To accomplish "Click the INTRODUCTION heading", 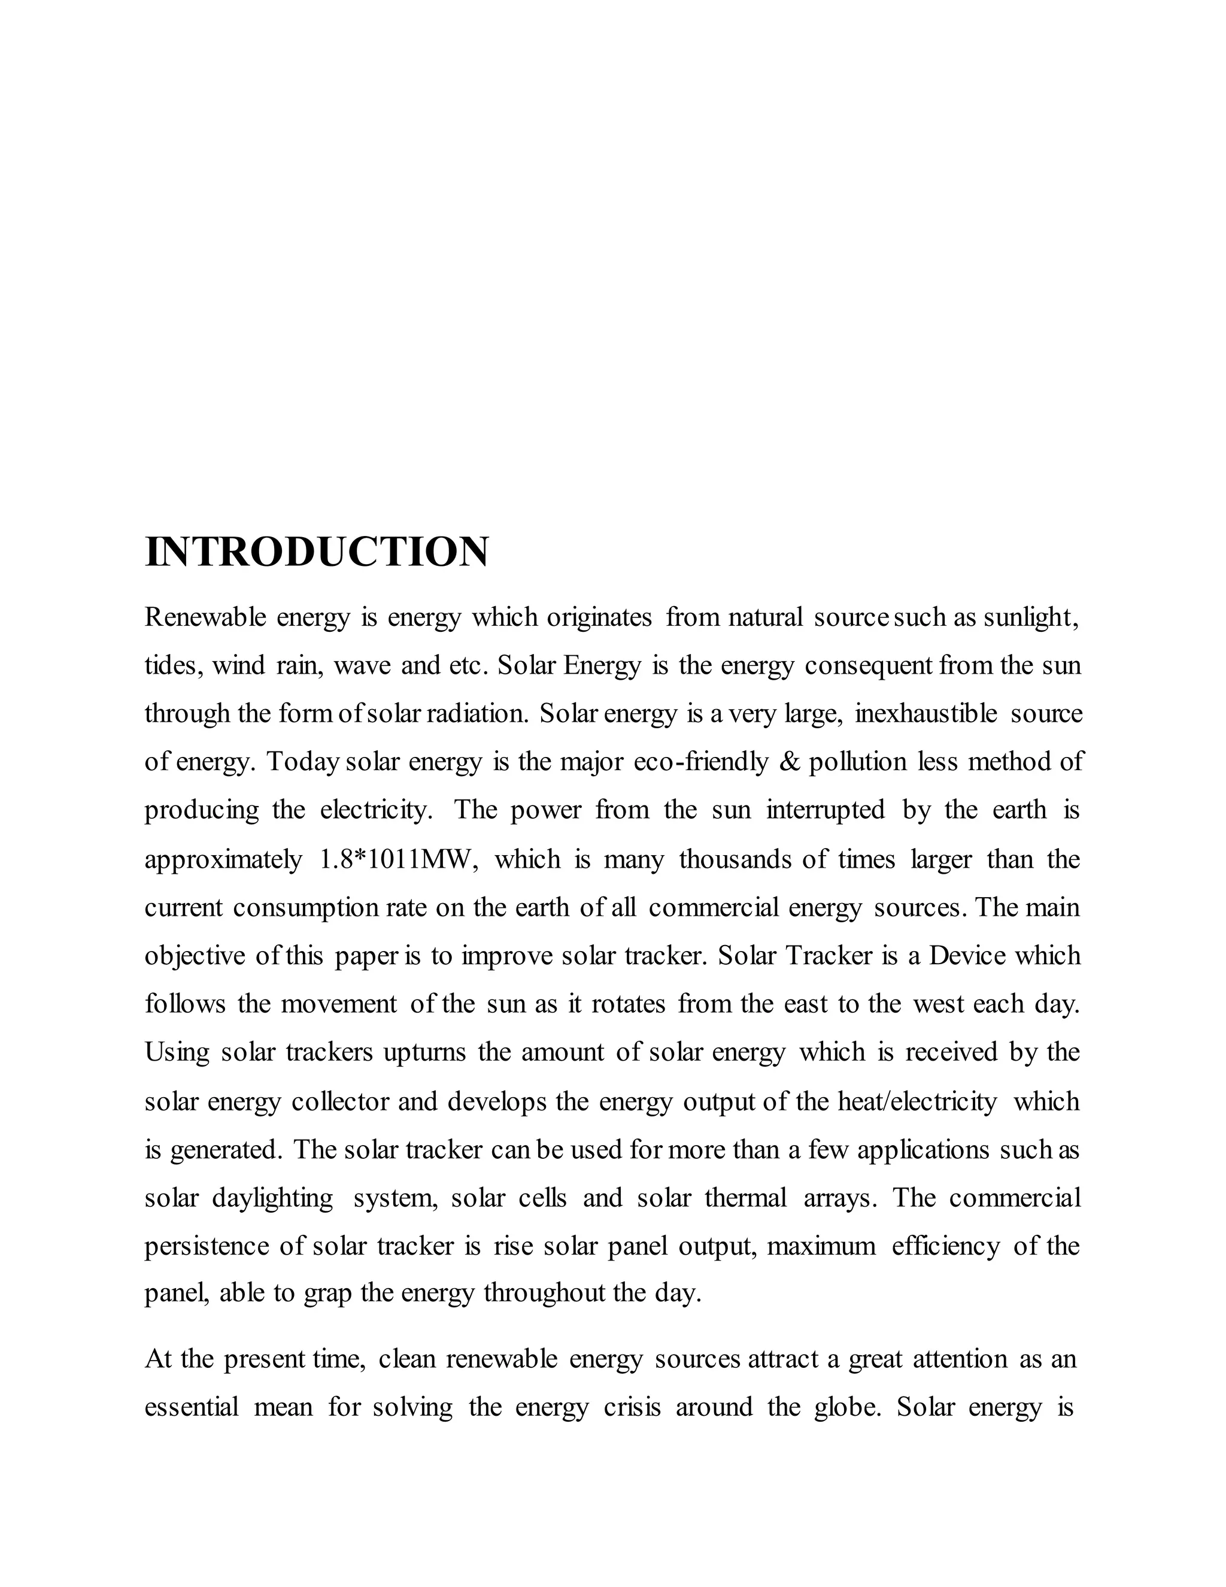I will point(317,552).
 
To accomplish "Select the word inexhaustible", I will point(925,714).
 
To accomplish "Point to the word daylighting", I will point(272,1198).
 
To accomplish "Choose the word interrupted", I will point(825,810).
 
